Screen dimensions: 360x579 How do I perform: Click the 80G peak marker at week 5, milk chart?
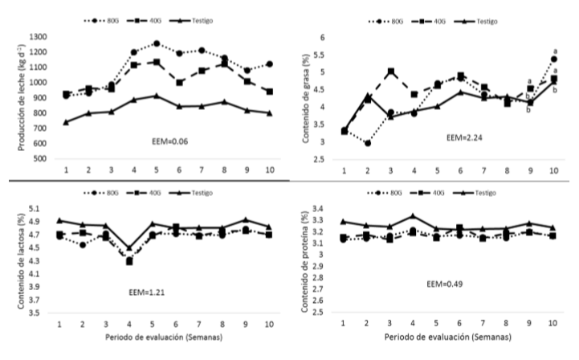(157, 43)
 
